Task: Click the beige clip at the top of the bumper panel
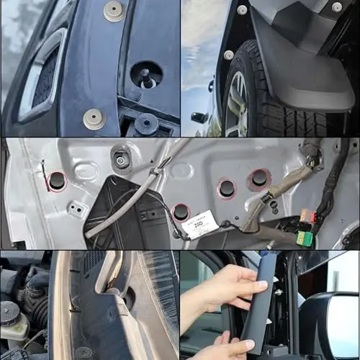coord(113,10)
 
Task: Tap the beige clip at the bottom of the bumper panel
coord(94,119)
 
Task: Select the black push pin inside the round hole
coord(146,75)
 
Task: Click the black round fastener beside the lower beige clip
coord(146,124)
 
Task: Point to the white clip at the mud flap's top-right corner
coord(336,6)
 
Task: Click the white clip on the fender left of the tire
coord(228,55)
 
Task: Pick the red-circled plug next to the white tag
coord(181,212)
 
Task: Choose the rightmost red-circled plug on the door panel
coord(259,179)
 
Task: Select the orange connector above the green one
coord(307,216)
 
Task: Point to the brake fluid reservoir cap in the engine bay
coord(9,311)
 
